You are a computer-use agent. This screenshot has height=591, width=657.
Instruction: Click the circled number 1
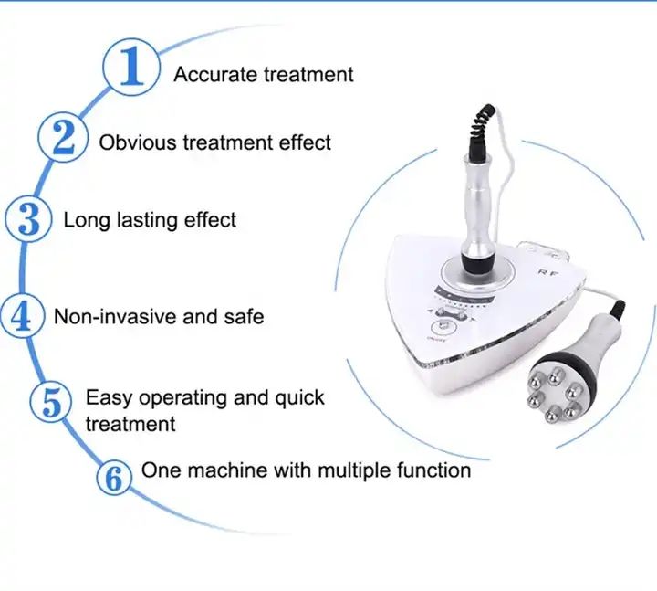131,67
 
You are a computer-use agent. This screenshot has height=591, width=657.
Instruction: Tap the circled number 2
63,137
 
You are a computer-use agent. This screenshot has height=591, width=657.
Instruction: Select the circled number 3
28,219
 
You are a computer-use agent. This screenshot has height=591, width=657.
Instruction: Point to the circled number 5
52,401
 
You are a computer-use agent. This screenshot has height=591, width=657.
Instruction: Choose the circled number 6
113,478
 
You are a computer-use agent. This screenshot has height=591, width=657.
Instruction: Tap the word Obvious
138,142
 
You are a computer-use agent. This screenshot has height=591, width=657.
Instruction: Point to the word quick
299,398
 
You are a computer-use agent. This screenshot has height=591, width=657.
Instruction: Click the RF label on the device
548,273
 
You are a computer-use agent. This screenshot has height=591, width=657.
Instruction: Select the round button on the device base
443,326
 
